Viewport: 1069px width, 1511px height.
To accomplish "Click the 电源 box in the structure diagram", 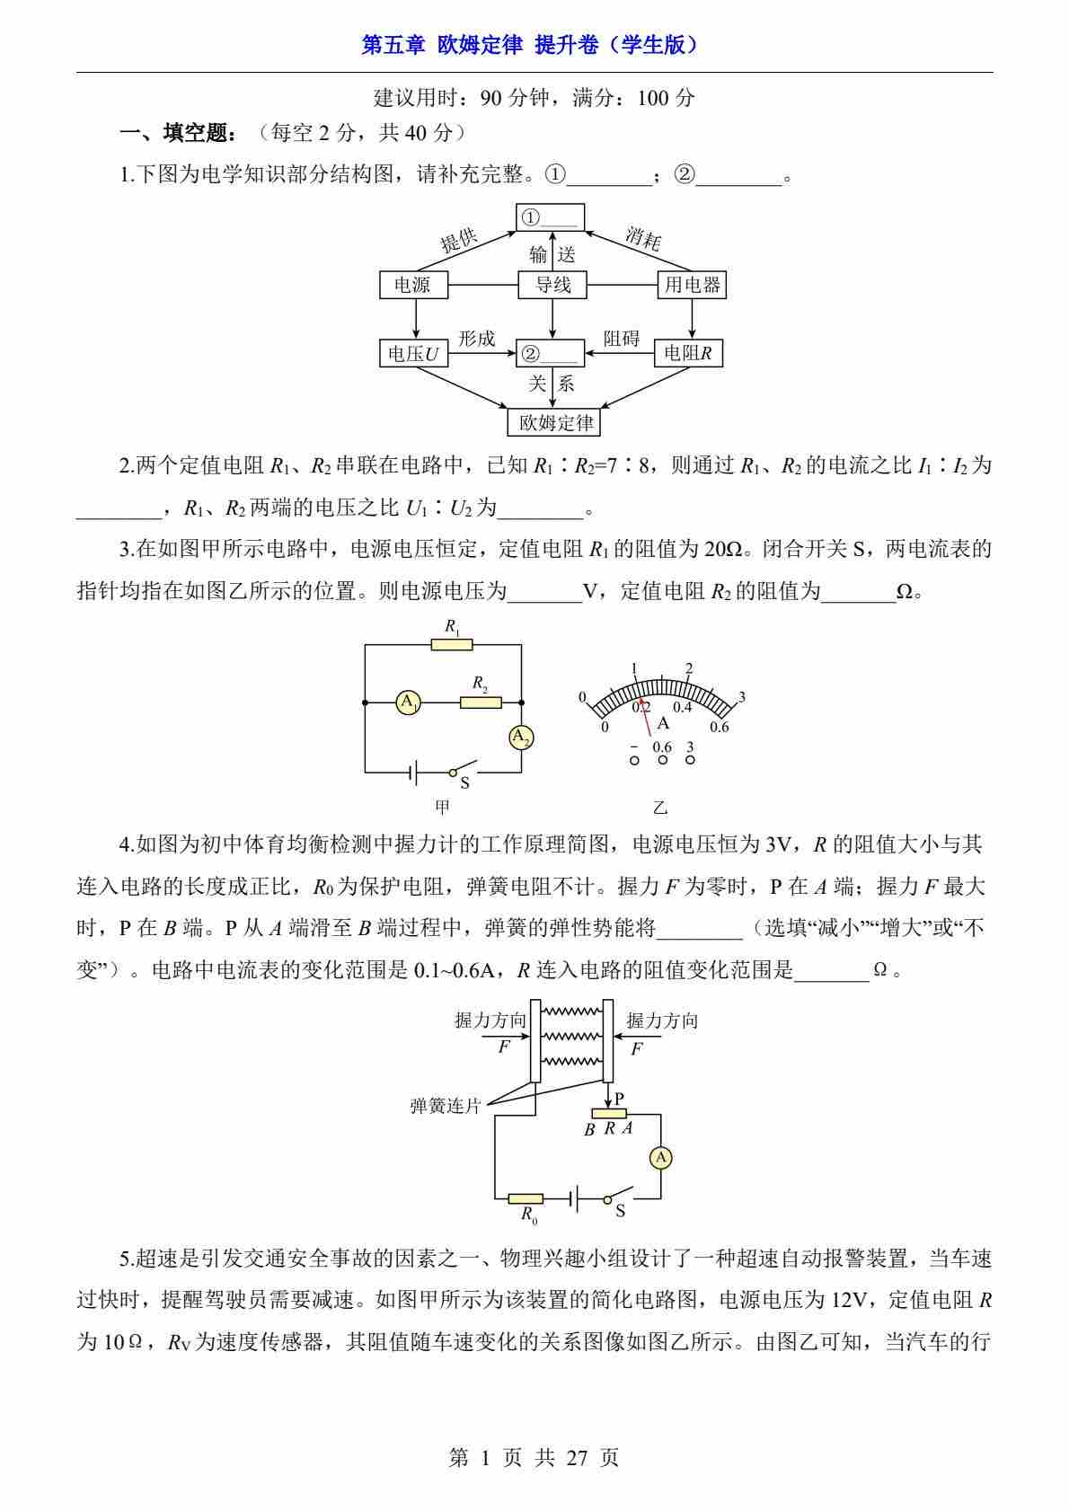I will (x=413, y=286).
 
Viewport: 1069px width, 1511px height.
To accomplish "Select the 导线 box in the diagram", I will (x=552, y=286).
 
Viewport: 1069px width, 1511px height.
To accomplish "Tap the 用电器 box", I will (x=692, y=286).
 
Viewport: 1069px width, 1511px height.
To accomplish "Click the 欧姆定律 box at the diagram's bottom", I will (x=552, y=422).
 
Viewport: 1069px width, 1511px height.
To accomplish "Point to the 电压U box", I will (x=413, y=354).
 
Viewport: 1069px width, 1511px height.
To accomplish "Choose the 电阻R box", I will (x=688, y=354).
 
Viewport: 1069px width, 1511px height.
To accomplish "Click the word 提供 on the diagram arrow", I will (x=459, y=240).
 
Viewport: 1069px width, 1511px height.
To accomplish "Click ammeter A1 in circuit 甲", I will (x=409, y=702).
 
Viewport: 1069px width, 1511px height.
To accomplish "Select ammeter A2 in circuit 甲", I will (x=521, y=738).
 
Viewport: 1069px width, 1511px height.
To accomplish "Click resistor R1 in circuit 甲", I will (x=451, y=644).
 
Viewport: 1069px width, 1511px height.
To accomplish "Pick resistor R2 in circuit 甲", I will (x=481, y=702).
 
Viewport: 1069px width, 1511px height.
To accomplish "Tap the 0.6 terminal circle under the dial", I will (x=662, y=760).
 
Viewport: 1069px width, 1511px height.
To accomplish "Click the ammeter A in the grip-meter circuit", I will (x=661, y=1158).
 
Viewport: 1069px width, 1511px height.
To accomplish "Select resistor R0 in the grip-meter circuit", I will (x=526, y=1198).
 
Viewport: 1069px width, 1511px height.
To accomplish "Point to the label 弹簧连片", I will (x=446, y=1106).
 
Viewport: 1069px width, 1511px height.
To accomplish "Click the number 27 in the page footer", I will (x=577, y=1458).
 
